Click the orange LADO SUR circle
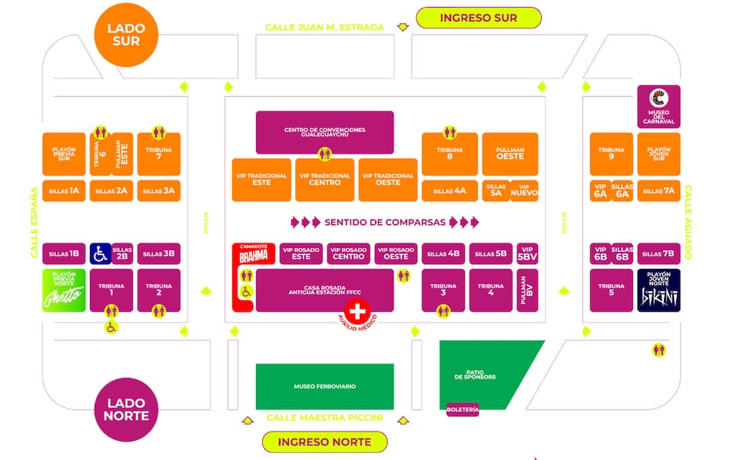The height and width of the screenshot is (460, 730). tap(126, 35)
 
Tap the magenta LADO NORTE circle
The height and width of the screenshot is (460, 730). tap(126, 409)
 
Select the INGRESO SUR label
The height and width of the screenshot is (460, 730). tap(478, 18)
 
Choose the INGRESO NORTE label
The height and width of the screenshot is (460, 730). tap(324, 442)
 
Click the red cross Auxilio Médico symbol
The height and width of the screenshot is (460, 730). tap(357, 311)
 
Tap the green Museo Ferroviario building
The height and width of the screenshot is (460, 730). tap(324, 386)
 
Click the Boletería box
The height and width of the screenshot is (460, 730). tap(463, 410)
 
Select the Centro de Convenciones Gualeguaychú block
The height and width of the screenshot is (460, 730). tap(324, 132)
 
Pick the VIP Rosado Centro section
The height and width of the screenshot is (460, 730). tap(349, 253)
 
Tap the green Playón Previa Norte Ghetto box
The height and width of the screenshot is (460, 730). tap(64, 290)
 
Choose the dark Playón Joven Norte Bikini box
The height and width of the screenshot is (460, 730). tap(659, 290)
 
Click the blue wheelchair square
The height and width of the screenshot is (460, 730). tap(100, 253)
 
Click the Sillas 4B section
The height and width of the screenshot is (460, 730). tap(443, 253)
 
